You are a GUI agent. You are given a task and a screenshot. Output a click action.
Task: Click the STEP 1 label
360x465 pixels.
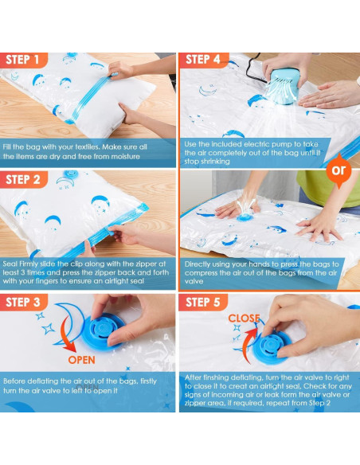click(x=22, y=60)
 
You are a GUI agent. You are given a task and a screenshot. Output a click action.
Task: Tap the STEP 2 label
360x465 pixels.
click(x=23, y=179)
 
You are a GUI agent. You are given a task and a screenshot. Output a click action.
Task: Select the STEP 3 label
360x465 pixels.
click(x=23, y=303)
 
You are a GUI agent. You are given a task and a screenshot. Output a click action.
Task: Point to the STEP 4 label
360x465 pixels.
click(x=203, y=59)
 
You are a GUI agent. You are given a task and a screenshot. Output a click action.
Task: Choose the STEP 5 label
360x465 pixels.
click(x=203, y=303)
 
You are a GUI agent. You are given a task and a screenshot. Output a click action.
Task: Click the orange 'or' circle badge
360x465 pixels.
click(x=338, y=170)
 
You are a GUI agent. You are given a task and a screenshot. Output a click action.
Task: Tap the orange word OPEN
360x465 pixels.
click(x=81, y=360)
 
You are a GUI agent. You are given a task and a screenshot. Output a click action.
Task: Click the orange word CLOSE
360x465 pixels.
click(x=244, y=318)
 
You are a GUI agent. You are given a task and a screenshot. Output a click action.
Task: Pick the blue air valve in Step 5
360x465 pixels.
click(x=271, y=346)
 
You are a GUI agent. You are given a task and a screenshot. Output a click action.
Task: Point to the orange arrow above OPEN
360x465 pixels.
click(x=66, y=335)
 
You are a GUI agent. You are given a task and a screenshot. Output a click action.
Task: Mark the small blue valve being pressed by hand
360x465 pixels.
click(x=245, y=217)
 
